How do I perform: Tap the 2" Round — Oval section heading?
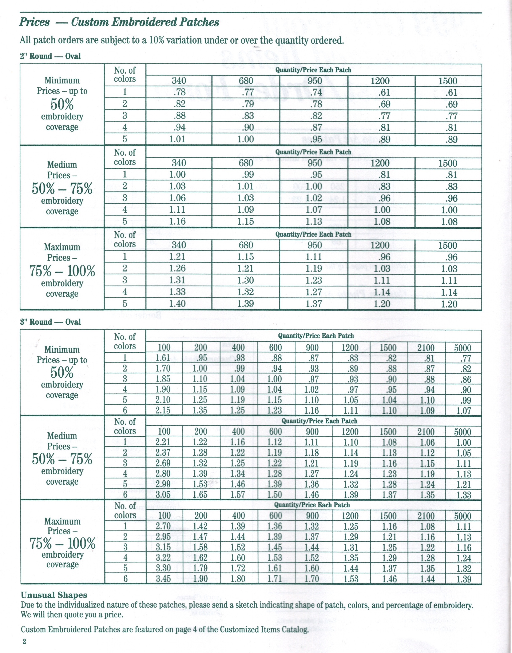pyautogui.click(x=50, y=56)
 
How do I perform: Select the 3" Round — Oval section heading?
pyautogui.click(x=50, y=322)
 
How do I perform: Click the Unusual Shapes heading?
pyautogui.click(x=54, y=595)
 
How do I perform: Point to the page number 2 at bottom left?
pyautogui.click(x=24, y=641)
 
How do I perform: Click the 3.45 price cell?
pyautogui.click(x=163, y=579)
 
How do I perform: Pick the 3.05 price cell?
pyautogui.click(x=163, y=494)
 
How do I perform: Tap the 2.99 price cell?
pyautogui.click(x=163, y=484)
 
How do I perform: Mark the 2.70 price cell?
pyautogui.click(x=163, y=526)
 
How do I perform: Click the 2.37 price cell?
pyautogui.click(x=163, y=453)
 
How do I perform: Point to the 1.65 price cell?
pyautogui.click(x=201, y=494)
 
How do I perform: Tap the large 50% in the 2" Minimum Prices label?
pyautogui.click(x=62, y=104)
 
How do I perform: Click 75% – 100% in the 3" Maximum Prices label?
pyautogui.click(x=63, y=543)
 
